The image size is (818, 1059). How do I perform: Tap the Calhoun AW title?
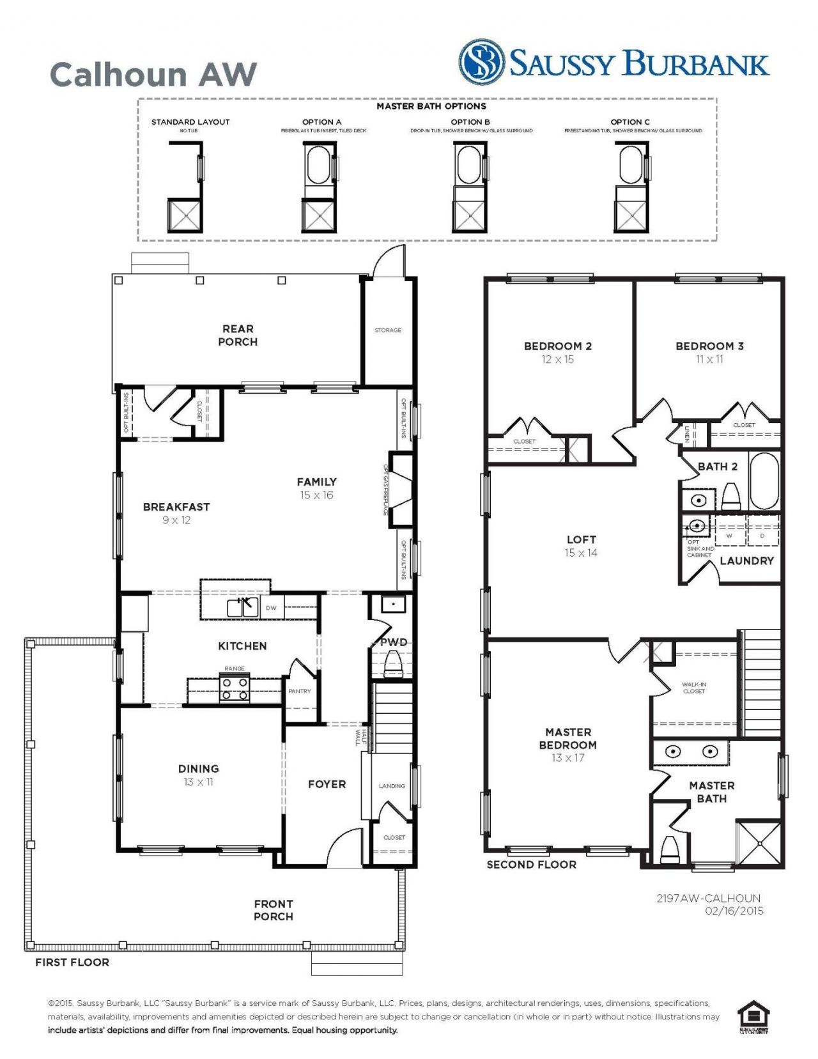point(153,75)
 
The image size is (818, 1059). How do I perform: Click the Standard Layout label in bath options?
point(190,122)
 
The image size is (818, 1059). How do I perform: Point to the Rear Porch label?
point(238,335)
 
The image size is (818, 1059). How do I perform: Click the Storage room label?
point(388,330)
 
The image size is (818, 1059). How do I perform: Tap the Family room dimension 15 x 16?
point(316,495)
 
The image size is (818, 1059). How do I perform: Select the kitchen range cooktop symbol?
point(235,689)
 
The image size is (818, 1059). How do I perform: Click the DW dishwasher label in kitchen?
point(271,608)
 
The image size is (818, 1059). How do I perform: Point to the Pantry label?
point(300,691)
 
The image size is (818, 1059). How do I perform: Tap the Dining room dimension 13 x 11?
point(198,782)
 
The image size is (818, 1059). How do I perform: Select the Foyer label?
point(327,784)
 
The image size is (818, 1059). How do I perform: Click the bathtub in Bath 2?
point(764,481)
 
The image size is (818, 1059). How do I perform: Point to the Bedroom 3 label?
point(709,346)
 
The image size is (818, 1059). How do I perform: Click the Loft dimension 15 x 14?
point(581,553)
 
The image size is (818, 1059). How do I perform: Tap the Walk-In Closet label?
point(694,688)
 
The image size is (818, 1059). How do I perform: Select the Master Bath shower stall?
point(759,844)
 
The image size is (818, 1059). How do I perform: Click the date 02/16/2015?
point(734,911)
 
